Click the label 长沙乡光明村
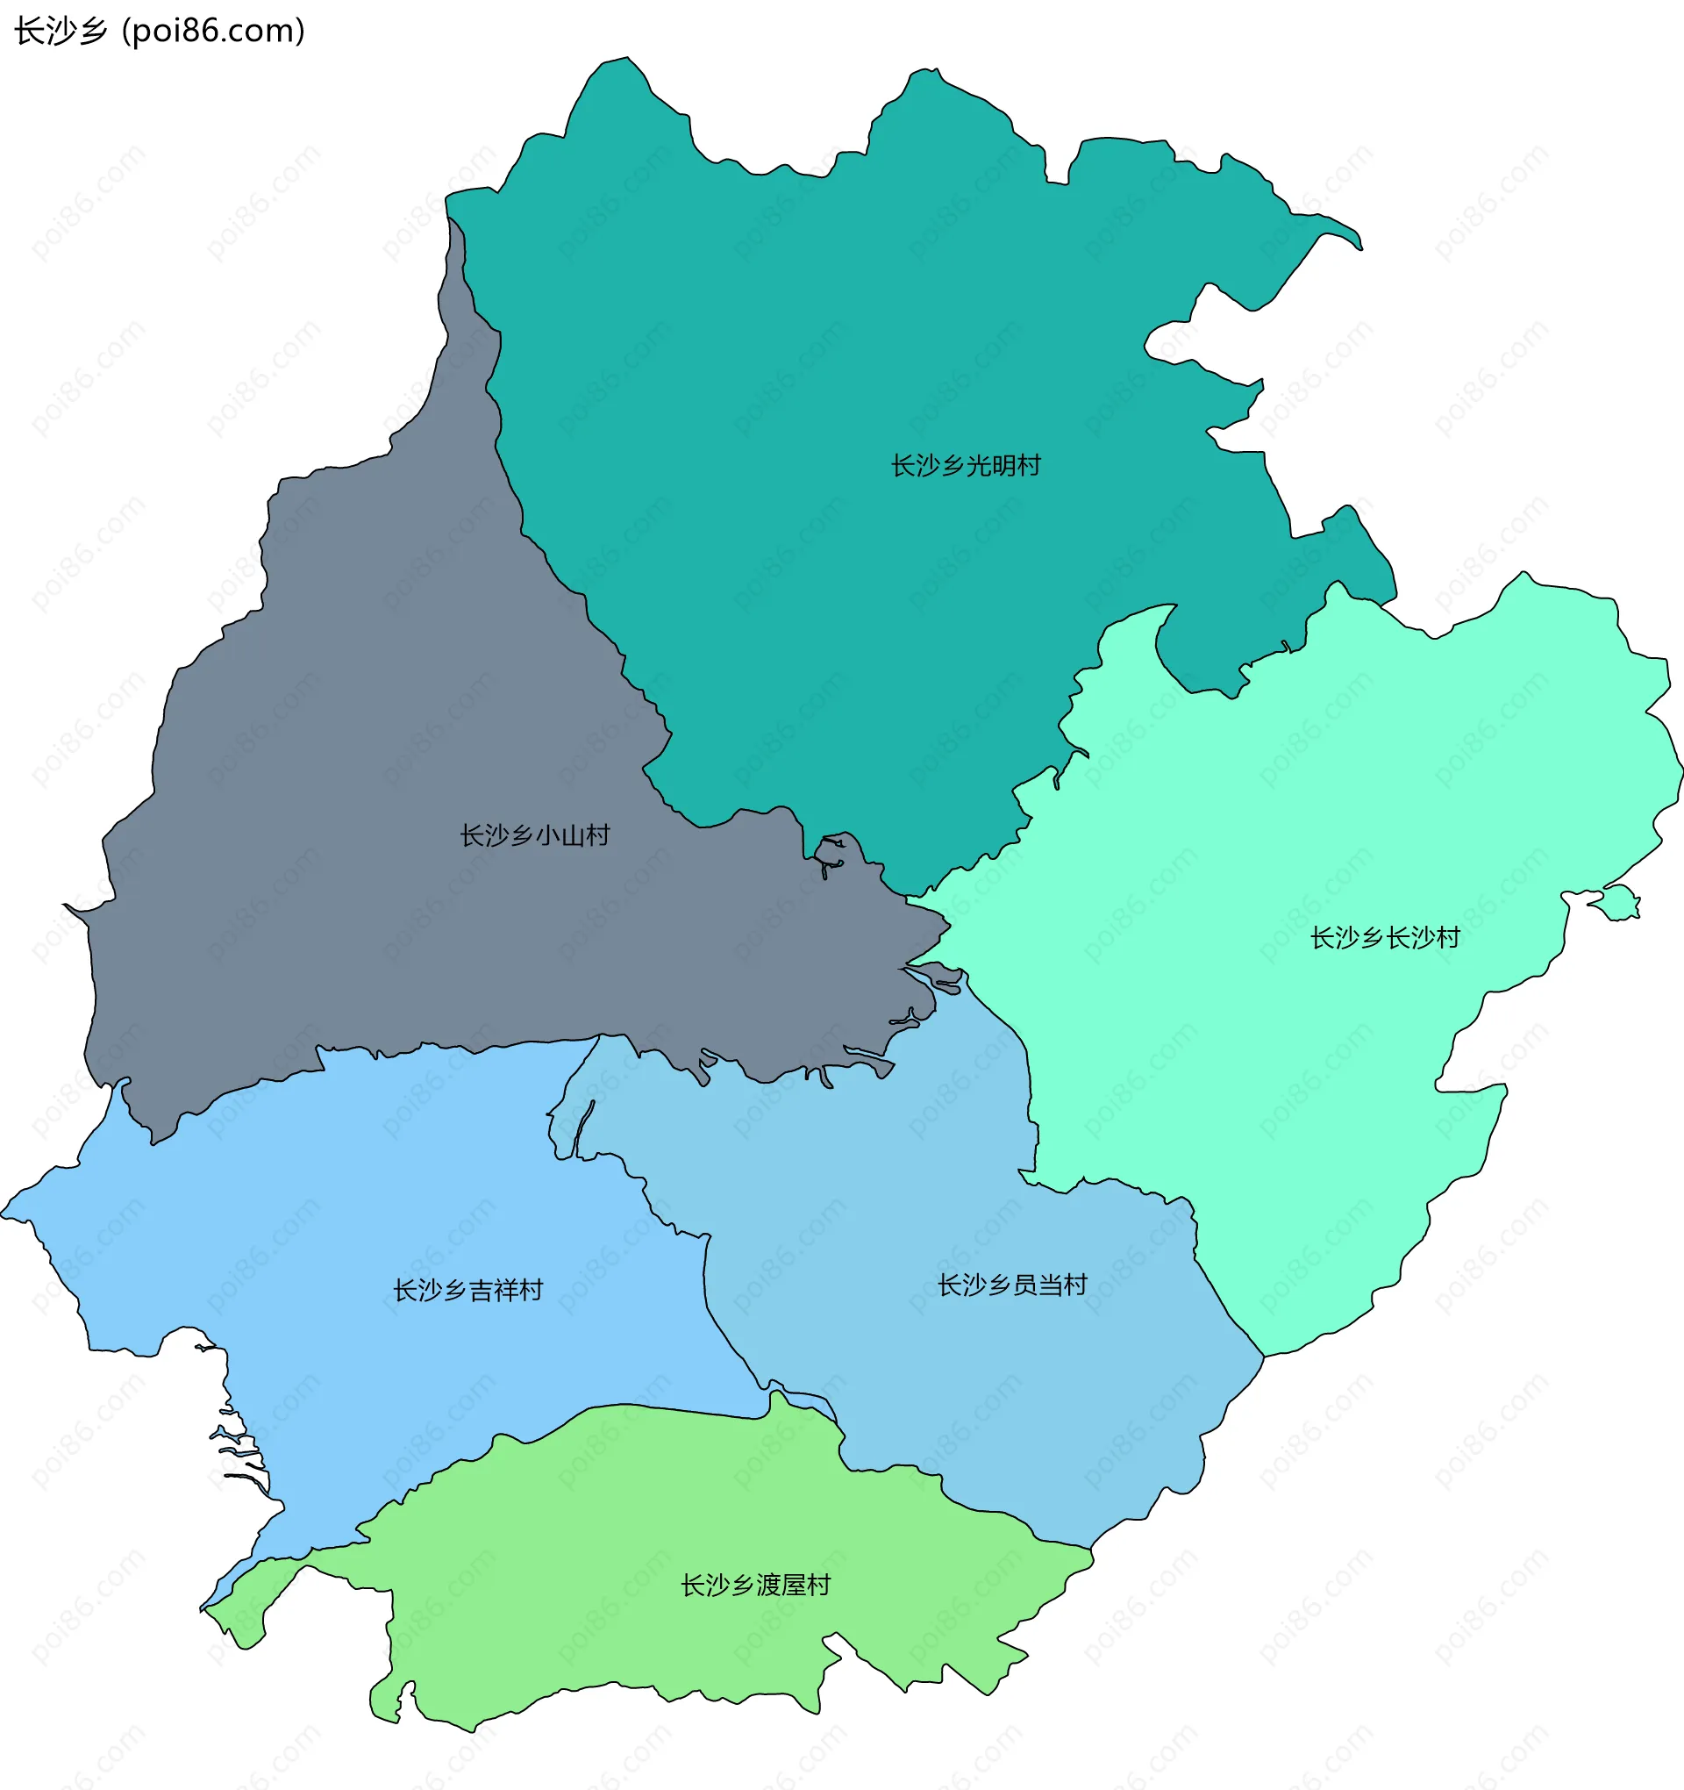tap(965, 466)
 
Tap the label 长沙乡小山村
tap(535, 835)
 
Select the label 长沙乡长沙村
tap(1384, 938)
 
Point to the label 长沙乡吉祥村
tap(468, 1290)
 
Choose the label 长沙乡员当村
tap(1012, 1285)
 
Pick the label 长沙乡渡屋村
tap(755, 1585)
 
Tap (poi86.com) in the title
tap(212, 32)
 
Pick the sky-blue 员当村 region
tap(945, 1396)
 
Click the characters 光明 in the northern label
tap(990, 466)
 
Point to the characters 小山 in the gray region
tap(560, 835)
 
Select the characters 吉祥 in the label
tap(493, 1290)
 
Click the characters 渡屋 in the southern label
tap(781, 1585)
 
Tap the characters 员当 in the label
tap(1038, 1285)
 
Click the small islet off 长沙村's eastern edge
tap(1620, 902)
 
